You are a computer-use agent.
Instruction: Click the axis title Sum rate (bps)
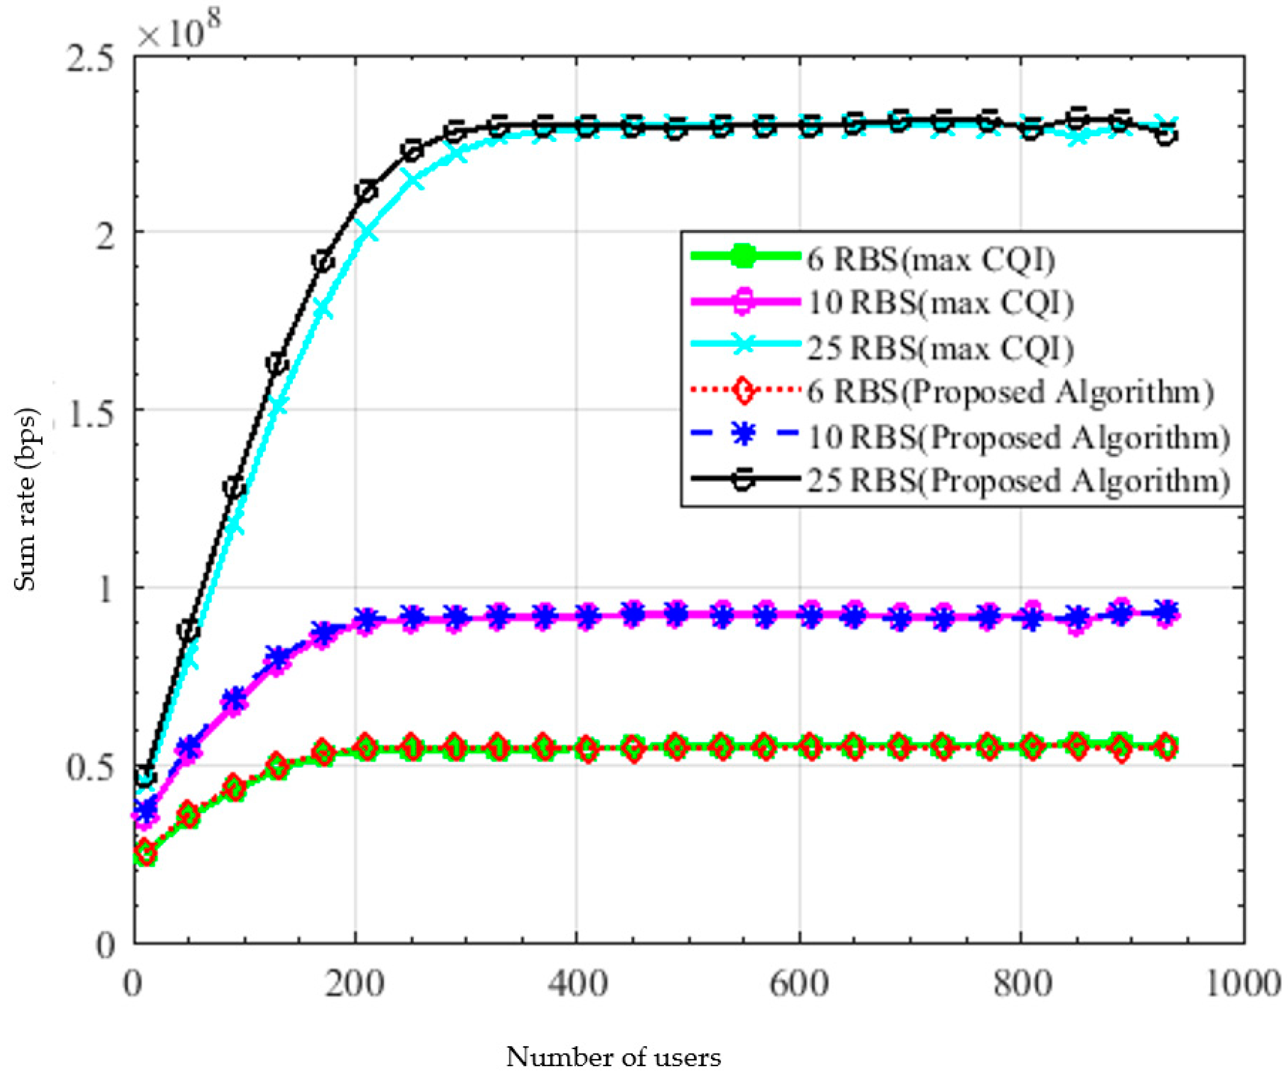click(x=26, y=500)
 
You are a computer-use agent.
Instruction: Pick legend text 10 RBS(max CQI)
click(x=940, y=303)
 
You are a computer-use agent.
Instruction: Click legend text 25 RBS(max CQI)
click(x=940, y=348)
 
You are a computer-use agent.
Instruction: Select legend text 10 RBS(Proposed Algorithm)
click(x=1019, y=437)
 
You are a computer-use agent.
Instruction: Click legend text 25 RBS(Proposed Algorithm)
click(x=1019, y=481)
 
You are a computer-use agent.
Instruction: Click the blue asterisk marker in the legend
click(x=744, y=437)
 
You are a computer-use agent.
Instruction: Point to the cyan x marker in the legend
click(x=744, y=347)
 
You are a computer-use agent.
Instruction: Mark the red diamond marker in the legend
click(x=744, y=391)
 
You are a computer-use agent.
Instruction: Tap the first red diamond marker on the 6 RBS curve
click(x=145, y=853)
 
